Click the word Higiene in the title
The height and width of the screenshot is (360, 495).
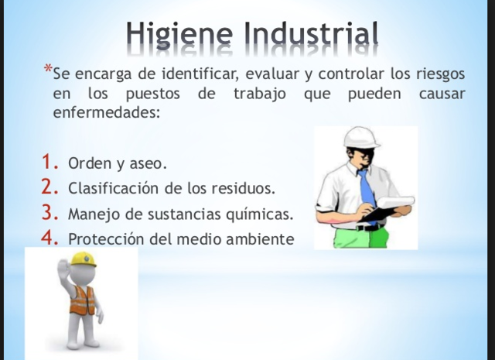coord(179,33)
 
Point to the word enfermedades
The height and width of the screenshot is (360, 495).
coord(106,112)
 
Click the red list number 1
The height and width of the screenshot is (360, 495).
coord(50,163)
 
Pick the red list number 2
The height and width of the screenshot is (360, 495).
coord(50,187)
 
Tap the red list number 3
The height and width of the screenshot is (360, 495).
coord(50,212)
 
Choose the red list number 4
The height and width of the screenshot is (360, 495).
coord(50,238)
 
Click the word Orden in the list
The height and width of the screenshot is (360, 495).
coord(87,165)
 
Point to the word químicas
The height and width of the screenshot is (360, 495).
coord(260,214)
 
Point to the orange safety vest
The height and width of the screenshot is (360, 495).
coord(83,300)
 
